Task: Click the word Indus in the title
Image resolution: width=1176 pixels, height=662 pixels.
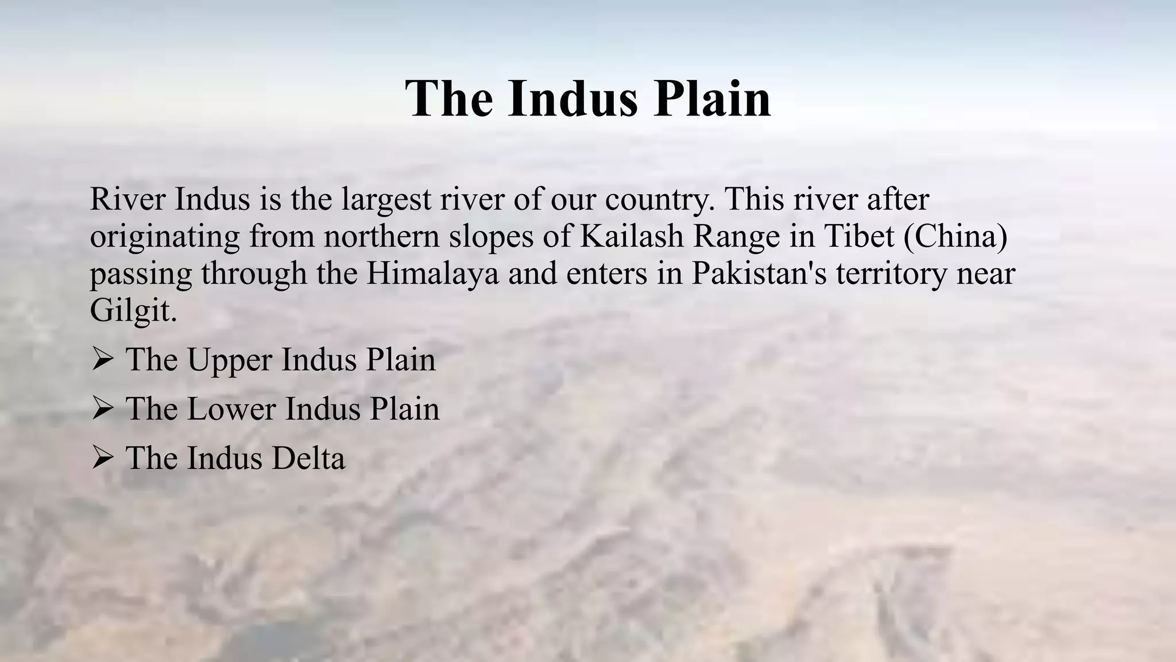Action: [572, 99]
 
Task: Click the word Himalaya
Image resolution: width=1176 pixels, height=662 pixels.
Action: [432, 274]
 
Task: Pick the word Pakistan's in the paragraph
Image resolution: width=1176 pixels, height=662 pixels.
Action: [759, 274]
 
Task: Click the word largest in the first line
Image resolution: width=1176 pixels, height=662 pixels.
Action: [387, 200]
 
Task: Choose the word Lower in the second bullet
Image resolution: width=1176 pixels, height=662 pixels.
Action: [231, 409]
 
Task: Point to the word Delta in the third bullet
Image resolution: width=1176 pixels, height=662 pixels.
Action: [308, 459]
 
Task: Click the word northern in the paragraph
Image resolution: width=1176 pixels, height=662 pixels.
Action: [381, 237]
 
